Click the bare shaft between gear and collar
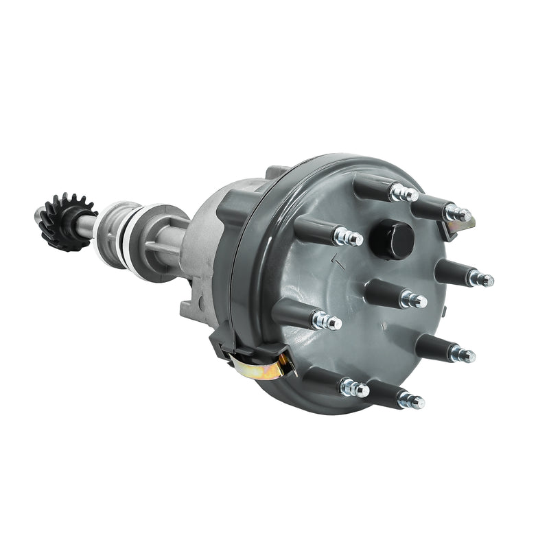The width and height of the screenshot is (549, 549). (x=88, y=225)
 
